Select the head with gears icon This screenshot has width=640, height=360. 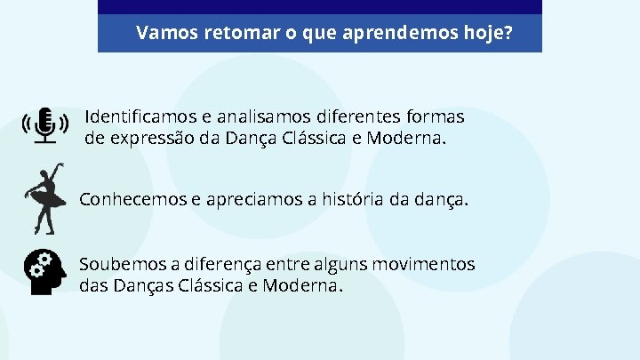coord(45,272)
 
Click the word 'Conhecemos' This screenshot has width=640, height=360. coord(132,199)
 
